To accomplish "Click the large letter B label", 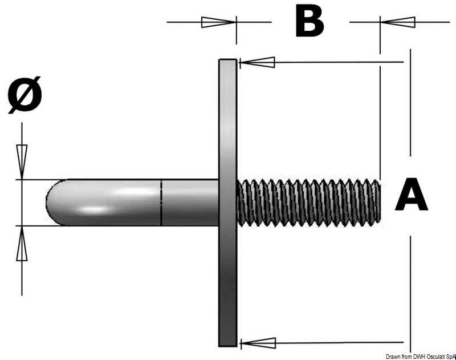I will point(309,22).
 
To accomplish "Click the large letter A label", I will point(411,195).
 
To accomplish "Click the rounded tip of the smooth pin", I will point(52,203).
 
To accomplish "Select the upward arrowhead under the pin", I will point(22,246).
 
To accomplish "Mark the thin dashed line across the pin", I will point(161,203).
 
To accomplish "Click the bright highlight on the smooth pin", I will point(103,209).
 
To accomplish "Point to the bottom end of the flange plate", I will point(228,343).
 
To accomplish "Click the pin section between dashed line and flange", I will point(190,203).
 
